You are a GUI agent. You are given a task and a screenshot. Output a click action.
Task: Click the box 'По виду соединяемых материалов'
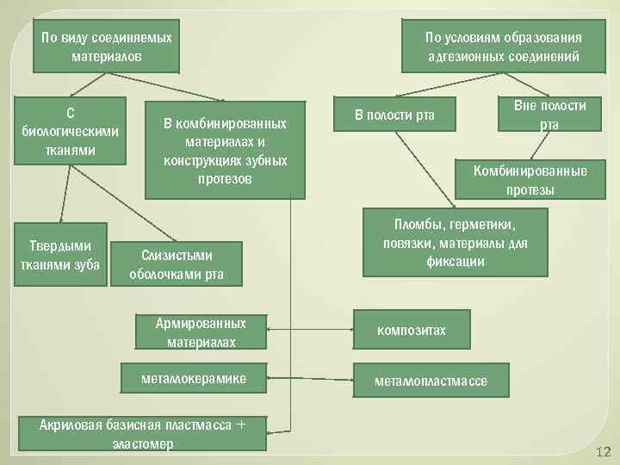(x=107, y=47)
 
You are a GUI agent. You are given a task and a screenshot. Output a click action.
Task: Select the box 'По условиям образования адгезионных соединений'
(x=503, y=47)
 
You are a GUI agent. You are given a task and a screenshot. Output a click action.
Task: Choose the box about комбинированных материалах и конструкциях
(x=225, y=152)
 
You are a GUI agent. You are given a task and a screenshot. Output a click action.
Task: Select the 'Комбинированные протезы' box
(x=530, y=180)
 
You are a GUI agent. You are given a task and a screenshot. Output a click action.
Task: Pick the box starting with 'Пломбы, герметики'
(x=455, y=242)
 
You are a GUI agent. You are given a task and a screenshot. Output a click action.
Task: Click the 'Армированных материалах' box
(x=201, y=332)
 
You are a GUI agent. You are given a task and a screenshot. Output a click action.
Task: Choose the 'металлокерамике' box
(x=195, y=378)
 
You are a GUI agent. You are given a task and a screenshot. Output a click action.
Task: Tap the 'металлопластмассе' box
(x=430, y=381)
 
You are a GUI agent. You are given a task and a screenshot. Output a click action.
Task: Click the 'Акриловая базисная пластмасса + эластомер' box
(x=142, y=434)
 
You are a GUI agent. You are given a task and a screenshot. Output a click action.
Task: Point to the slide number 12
(x=602, y=452)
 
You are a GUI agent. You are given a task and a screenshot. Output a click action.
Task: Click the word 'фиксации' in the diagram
(x=455, y=262)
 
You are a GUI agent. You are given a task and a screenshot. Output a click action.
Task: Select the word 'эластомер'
(x=142, y=443)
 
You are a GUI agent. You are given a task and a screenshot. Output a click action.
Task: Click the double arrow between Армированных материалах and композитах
(x=310, y=330)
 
